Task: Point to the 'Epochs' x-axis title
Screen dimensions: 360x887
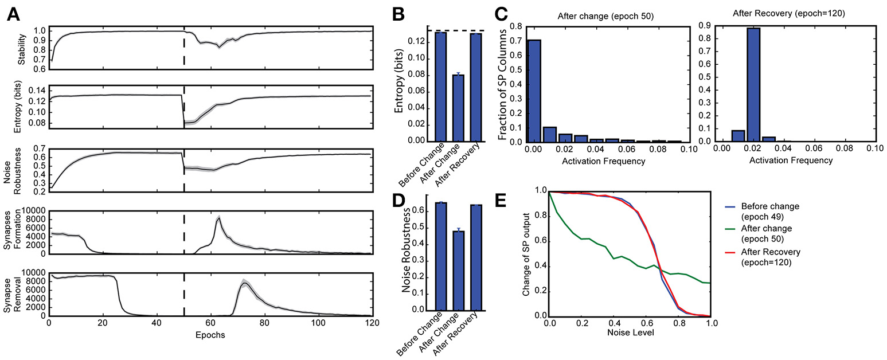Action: pyautogui.click(x=209, y=335)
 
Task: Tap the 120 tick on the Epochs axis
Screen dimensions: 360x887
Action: pyautogui.click(x=372, y=323)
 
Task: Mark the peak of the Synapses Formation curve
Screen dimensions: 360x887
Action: pyautogui.click(x=218, y=218)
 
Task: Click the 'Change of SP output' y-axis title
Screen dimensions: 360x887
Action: pyautogui.click(x=526, y=253)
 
